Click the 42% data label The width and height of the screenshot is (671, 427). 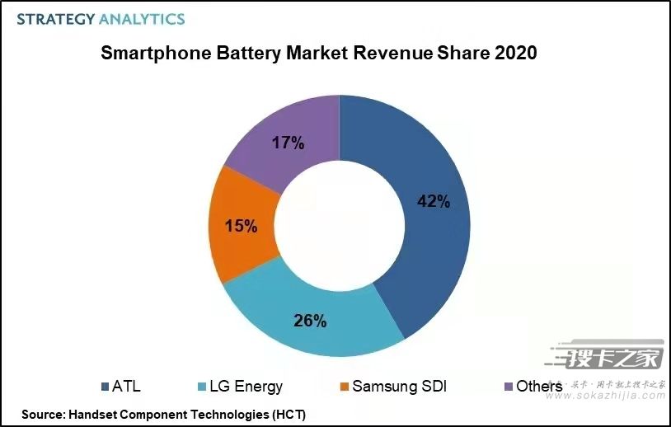tap(434, 201)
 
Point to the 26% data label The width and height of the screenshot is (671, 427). tap(309, 321)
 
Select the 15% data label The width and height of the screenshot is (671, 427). tap(240, 225)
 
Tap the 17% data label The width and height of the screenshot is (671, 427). tap(288, 143)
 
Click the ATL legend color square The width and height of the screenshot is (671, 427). tap(106, 386)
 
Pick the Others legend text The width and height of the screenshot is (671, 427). tap(539, 386)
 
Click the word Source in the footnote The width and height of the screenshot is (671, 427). tap(43, 414)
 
